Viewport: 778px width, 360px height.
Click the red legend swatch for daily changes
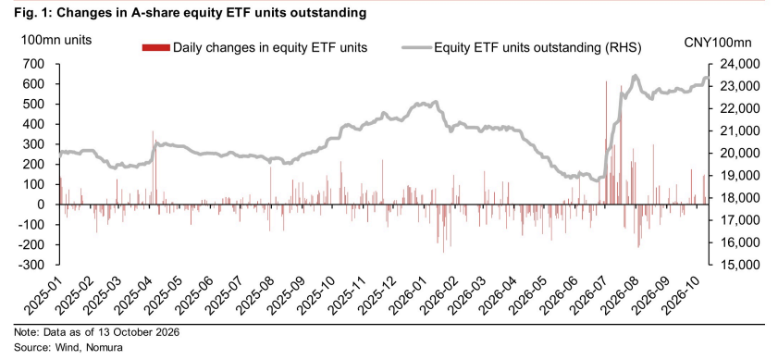pyautogui.click(x=156, y=48)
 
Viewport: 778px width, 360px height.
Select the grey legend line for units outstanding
pyautogui.click(x=416, y=48)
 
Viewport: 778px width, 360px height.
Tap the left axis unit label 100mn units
pyautogui.click(x=56, y=41)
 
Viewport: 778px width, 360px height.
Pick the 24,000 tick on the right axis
pyautogui.click(x=735, y=64)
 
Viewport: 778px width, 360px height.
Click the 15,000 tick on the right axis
pyautogui.click(x=735, y=265)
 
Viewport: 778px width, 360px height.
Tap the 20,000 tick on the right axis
pyautogui.click(x=735, y=154)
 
